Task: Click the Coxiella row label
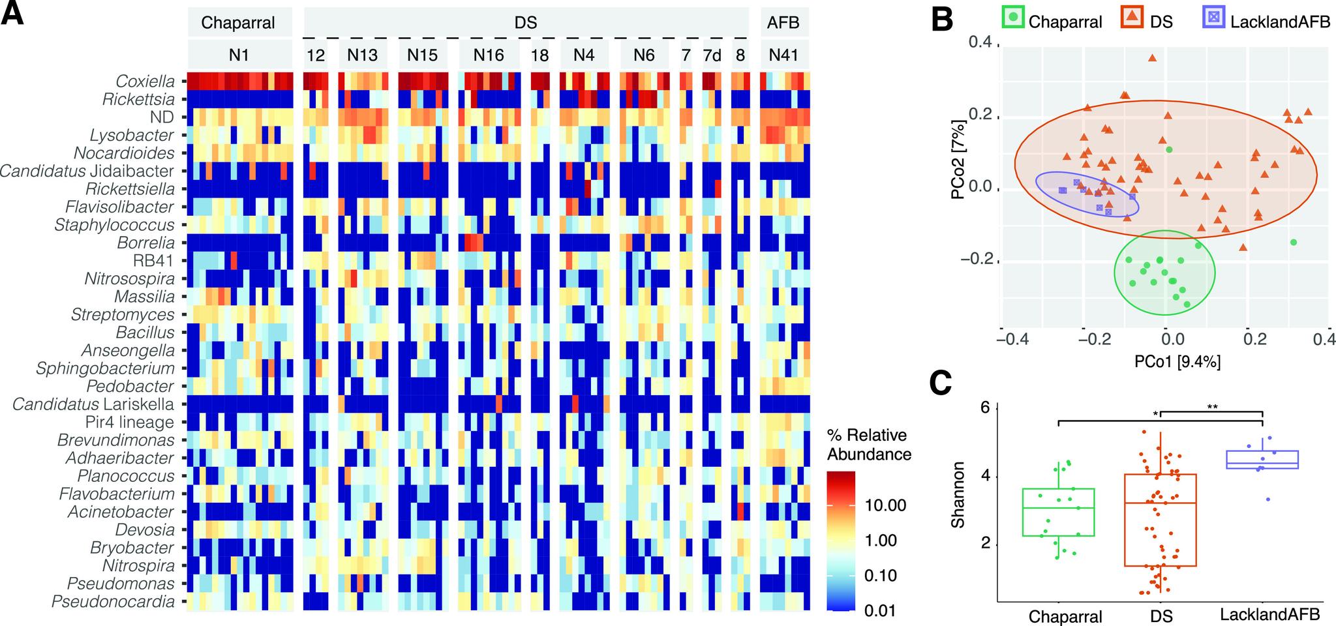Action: pyautogui.click(x=145, y=82)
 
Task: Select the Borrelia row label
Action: pyautogui.click(x=145, y=243)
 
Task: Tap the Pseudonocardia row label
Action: pyautogui.click(x=113, y=602)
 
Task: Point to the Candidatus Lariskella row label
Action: pyautogui.click(x=93, y=404)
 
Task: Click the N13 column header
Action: pyautogui.click(x=362, y=55)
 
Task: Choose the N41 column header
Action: pyautogui.click(x=783, y=55)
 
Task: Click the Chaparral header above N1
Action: pyautogui.click(x=237, y=23)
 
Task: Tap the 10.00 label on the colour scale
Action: pyautogui.click(x=885, y=505)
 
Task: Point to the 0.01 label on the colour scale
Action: pyautogui.click(x=879, y=611)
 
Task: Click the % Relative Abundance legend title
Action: pyautogui.click(x=868, y=445)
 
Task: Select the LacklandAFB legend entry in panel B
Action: pyautogui.click(x=1279, y=22)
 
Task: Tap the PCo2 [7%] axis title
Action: pyautogui.click(x=958, y=160)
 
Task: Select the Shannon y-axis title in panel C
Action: pyautogui.click(x=958, y=495)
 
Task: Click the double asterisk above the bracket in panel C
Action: pyautogui.click(x=1212, y=408)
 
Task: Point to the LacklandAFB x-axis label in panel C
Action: pyautogui.click(x=1269, y=614)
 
